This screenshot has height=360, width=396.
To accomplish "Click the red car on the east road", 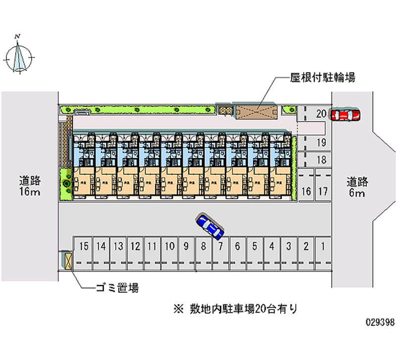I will (x=345, y=114).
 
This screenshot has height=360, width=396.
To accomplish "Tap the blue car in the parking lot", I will (x=210, y=226).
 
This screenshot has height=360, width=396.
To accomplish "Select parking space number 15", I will (x=84, y=246).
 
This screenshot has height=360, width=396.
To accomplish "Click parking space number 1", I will (x=323, y=246).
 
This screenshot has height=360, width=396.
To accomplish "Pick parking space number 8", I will (x=203, y=246).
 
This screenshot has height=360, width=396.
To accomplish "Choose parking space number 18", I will (x=321, y=159).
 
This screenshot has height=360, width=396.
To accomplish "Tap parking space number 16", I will (x=306, y=191).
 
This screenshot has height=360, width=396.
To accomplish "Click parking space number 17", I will (x=323, y=191).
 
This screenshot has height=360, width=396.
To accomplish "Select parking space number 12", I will (x=135, y=246).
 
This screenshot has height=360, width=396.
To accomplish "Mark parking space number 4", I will (x=272, y=246).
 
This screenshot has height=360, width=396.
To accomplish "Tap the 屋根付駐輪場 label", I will (x=322, y=77).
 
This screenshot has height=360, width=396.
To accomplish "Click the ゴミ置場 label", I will (x=117, y=287).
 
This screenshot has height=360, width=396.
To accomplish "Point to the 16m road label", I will (x=30, y=186).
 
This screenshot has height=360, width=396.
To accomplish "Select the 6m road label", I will (x=356, y=187).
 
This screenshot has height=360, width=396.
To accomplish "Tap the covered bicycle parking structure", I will (x=256, y=112).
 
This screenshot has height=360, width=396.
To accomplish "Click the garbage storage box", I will (x=67, y=260).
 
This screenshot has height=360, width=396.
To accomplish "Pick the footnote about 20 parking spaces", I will (x=235, y=309).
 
